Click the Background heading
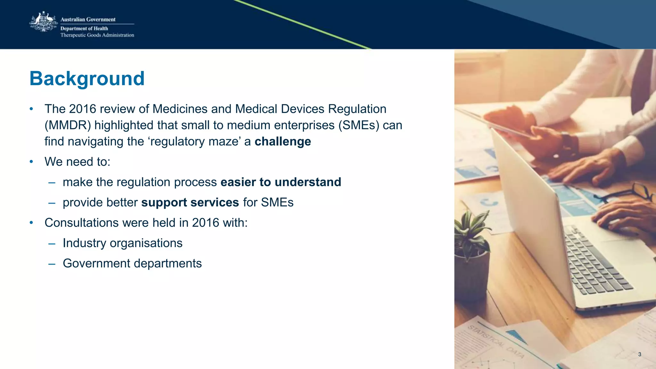pos(87,78)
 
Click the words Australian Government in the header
pos(88,20)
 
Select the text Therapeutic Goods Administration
pos(97,35)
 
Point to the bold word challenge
pos(283,141)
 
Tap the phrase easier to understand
pos(281,182)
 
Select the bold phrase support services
pos(190,202)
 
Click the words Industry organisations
pos(122,243)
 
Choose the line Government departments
pos(132,263)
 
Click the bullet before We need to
pos(31,162)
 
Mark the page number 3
pos(639,354)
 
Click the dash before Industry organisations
pos(52,244)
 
